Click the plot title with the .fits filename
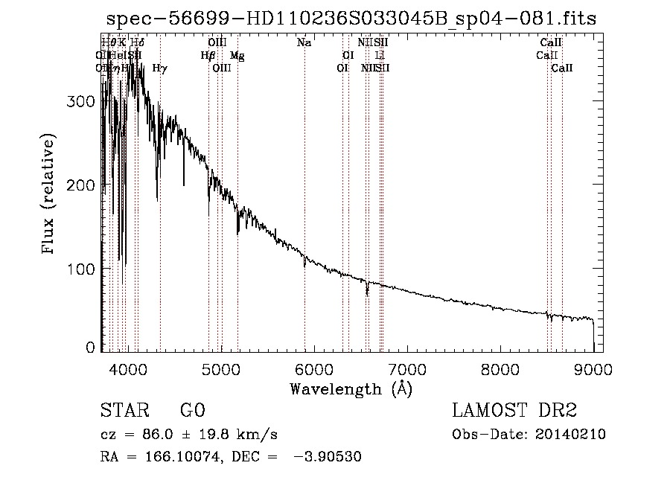tap(351, 18)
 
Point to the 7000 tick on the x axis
tap(407, 368)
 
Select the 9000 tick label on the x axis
tap(593, 368)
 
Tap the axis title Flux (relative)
tap(50, 194)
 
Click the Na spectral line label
tap(304, 43)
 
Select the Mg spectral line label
tap(237, 55)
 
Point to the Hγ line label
tap(159, 68)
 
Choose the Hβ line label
tap(208, 55)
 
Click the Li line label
tap(380, 55)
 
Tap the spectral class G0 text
tap(192, 412)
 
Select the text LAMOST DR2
tap(514, 412)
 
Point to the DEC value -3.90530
tap(329, 457)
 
